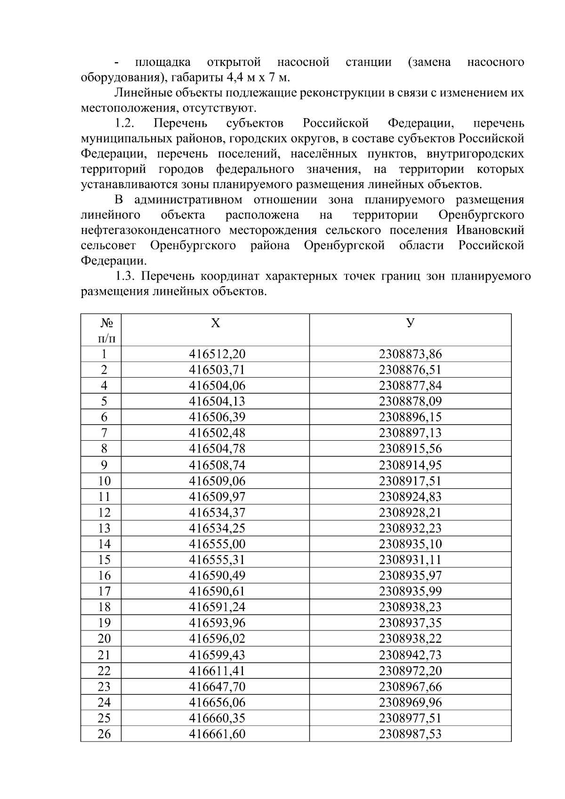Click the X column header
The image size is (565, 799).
(215, 323)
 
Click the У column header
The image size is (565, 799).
(410, 323)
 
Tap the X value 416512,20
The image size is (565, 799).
(217, 354)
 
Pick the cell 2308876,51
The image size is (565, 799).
(410, 370)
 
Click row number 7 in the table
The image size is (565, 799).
(104, 433)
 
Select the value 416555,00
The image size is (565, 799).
(217, 544)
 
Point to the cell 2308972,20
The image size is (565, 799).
(410, 670)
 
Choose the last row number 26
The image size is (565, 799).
(104, 734)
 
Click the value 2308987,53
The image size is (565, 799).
(410, 734)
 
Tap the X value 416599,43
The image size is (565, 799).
(217, 655)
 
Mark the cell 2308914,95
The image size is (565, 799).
(410, 465)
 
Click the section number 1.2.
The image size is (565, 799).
(125, 124)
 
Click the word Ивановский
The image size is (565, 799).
(490, 231)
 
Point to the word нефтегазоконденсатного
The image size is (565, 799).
(151, 231)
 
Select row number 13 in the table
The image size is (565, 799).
(104, 528)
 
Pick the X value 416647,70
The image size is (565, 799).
(217, 686)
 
